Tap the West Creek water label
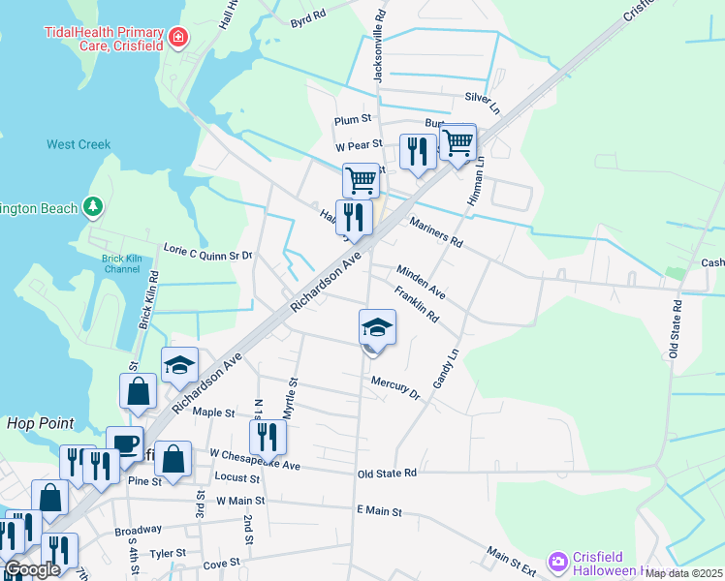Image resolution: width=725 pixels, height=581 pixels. coord(79,144)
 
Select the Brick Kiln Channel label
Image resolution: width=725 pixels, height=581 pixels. coord(121,263)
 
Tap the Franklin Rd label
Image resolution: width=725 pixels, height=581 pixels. coord(417,303)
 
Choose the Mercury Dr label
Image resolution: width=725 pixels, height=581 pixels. coord(394,387)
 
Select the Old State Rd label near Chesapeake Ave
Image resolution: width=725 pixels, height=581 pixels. coord(386,474)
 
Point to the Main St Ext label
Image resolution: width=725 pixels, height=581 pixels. coord(512,558)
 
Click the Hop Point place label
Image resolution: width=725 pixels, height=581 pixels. coord(34,423)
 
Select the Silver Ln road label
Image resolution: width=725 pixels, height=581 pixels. coord(481,98)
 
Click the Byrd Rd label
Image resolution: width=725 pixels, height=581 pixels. coord(308,20)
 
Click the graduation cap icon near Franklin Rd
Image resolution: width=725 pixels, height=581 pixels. coord(377,327)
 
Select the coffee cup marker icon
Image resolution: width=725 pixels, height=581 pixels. coord(123,444)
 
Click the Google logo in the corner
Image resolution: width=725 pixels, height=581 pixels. coord(31,569)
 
